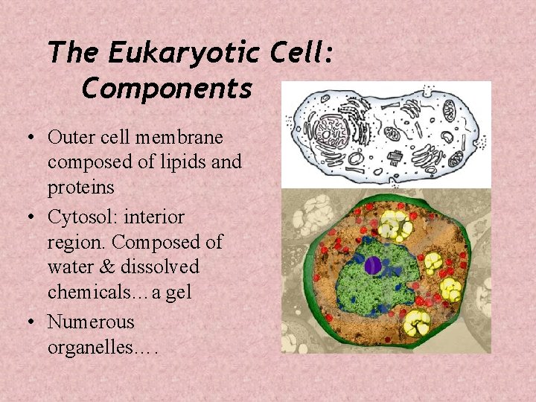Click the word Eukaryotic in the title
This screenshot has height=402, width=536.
(182, 54)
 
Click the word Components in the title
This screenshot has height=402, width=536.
(167, 89)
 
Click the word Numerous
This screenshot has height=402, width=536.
(91, 322)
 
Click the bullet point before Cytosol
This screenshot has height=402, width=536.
(34, 218)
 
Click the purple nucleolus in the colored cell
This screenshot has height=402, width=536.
(372, 264)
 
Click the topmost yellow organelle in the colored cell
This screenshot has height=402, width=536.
(394, 223)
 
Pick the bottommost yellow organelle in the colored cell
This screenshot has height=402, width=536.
(417, 322)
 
